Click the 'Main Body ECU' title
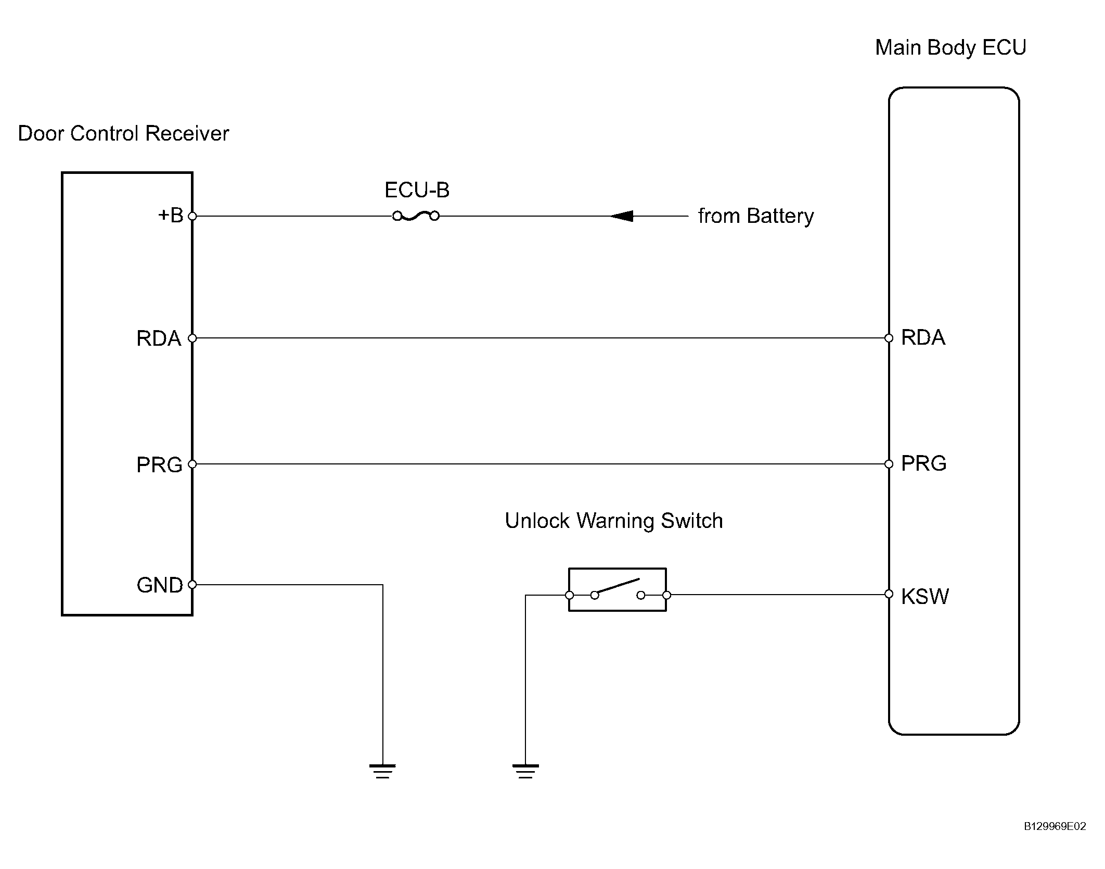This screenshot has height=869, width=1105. tap(950, 48)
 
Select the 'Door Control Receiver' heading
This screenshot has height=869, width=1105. tap(123, 134)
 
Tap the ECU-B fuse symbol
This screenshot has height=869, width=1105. tap(416, 216)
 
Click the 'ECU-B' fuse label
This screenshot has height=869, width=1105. tap(417, 190)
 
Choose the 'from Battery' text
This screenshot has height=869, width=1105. tap(755, 216)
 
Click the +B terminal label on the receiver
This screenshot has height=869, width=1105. tap(171, 215)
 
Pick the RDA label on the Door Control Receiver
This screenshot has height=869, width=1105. tap(159, 338)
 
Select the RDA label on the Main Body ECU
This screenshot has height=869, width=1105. tap(923, 337)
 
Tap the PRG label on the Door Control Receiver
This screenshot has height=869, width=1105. tap(159, 464)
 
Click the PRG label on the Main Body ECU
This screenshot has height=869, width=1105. tap(923, 463)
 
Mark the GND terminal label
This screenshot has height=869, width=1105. tap(160, 585)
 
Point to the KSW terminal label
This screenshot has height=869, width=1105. tap(924, 597)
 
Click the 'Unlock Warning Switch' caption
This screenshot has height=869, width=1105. tap(614, 521)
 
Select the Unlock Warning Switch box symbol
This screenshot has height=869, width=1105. tap(618, 589)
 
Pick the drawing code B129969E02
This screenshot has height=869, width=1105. tap(1055, 841)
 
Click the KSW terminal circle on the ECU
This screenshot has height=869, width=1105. tap(889, 594)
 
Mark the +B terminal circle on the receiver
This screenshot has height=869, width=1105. tap(192, 216)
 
